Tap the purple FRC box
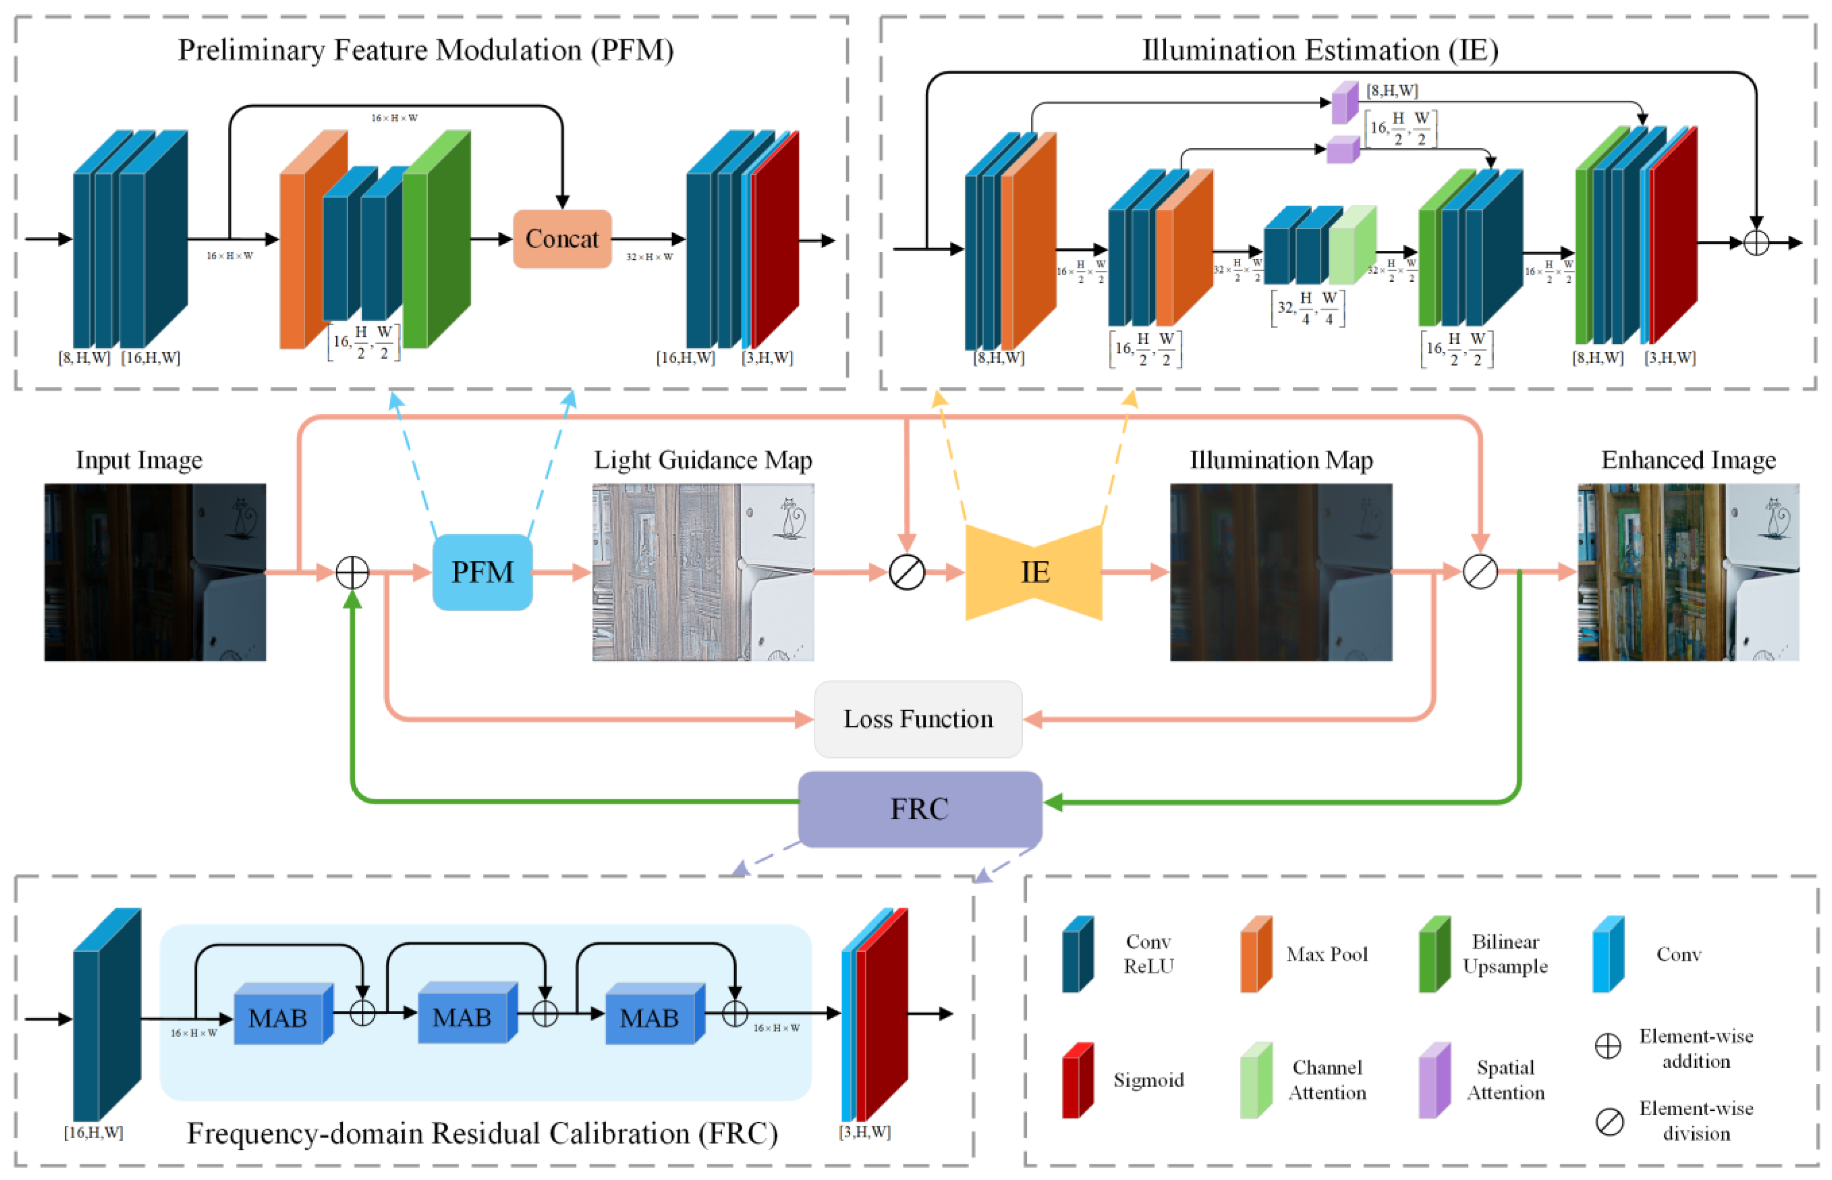(919, 809)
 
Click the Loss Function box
(918, 719)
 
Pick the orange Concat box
(562, 239)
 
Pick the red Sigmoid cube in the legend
(1077, 1080)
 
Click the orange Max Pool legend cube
(1255, 954)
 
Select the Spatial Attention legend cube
(1433, 1080)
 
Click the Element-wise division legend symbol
(1609, 1121)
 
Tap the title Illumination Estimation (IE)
(1319, 51)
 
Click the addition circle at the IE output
(1755, 243)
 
